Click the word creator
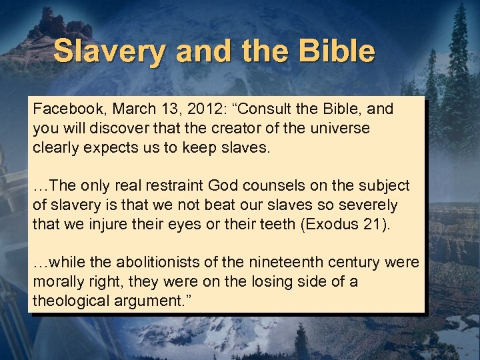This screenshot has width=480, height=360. tap(225, 128)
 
